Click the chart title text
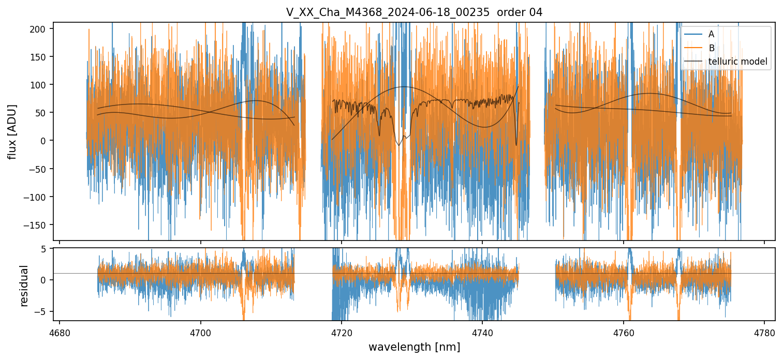click(x=414, y=12)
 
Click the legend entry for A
click(x=711, y=34)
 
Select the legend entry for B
click(x=711, y=48)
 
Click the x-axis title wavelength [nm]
click(x=414, y=347)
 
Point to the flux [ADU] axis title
click(x=11, y=131)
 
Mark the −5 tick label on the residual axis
click(x=41, y=311)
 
